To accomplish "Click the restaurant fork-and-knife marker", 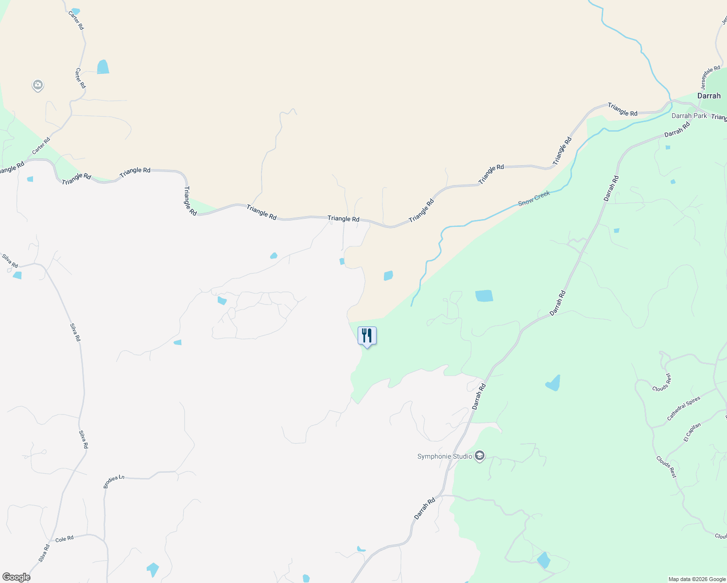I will pos(367,336).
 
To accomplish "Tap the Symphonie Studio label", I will pos(445,457).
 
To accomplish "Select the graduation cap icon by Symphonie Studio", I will pos(480,456).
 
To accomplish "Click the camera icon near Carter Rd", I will pos(38,86).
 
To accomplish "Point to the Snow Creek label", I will pos(534,198).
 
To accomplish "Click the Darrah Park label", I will pos(689,116).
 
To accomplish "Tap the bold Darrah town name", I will pos(709,96).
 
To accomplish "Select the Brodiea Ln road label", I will pos(114,481).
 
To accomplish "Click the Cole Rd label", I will pos(64,539).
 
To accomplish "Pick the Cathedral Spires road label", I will pos(683,409).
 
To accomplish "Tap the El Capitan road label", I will pos(692,432).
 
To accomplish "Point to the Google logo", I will pos(16,577).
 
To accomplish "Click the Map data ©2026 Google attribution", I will pos(696,579).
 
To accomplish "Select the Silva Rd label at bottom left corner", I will pos(44,553).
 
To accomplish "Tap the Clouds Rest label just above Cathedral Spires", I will pos(661,382).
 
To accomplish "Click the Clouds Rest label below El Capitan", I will pos(666,467).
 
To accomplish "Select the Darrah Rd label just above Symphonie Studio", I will pos(479,396).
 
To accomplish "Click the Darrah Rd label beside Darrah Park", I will pos(677,130).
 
